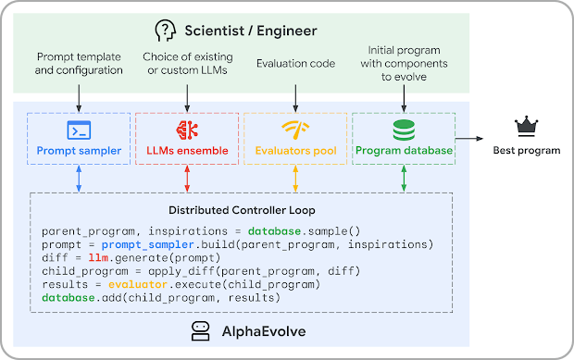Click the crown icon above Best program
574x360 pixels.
tap(526, 127)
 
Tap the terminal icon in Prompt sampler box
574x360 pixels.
tap(79, 130)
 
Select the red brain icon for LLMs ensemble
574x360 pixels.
tap(187, 130)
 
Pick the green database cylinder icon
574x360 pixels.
tap(404, 130)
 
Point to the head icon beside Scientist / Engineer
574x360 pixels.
tap(165, 31)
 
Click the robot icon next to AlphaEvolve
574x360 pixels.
tap(201, 331)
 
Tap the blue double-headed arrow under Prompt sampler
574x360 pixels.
tap(79, 179)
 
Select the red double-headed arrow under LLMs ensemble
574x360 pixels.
tap(187, 179)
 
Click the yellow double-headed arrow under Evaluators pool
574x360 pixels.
tap(295, 179)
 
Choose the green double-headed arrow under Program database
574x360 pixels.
tap(404, 179)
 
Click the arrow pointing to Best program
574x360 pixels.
tap(469, 139)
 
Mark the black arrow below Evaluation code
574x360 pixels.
tap(295, 98)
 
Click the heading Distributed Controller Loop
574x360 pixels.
tap(242, 210)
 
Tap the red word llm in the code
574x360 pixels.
tap(98, 258)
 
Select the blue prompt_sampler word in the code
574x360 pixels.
tap(148, 244)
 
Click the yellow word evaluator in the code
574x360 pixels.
tap(138, 284)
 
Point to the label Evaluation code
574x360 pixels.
tap(295, 64)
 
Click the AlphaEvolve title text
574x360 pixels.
tap(264, 331)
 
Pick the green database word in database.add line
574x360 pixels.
tap(69, 298)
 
